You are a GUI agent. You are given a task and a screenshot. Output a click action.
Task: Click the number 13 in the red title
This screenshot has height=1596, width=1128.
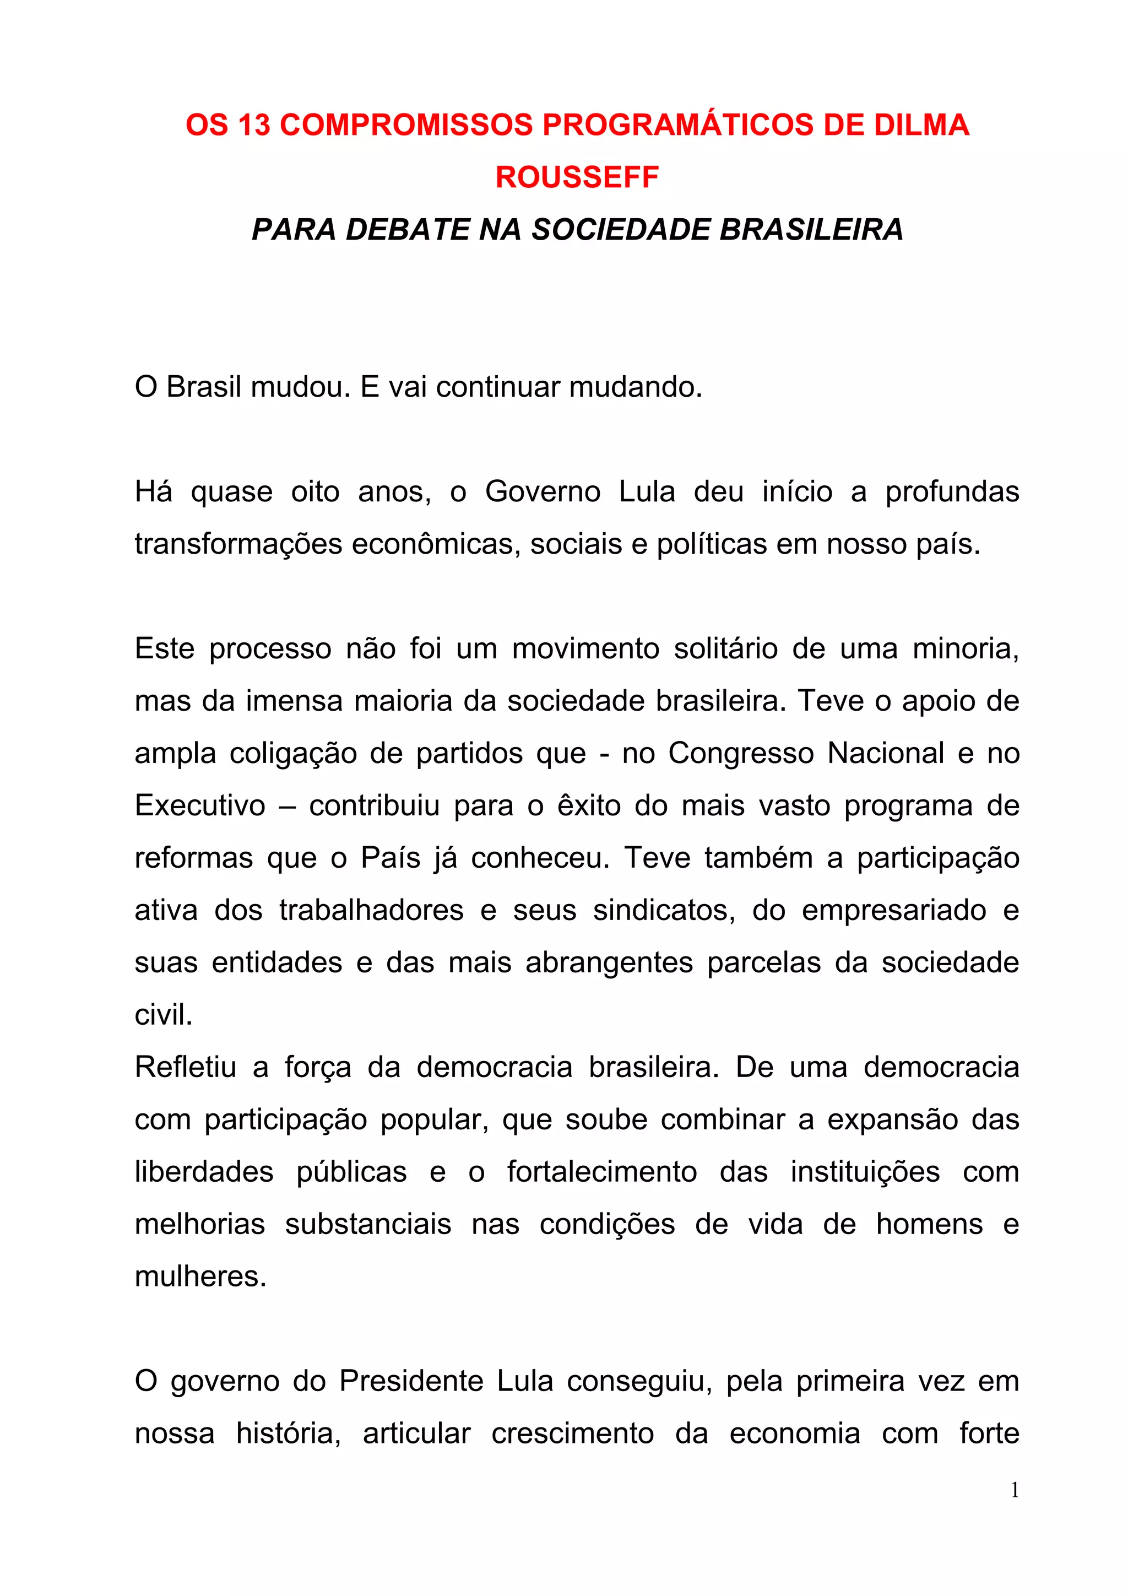pos(254,125)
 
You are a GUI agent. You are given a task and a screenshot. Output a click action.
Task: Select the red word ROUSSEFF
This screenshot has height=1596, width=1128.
pos(577,177)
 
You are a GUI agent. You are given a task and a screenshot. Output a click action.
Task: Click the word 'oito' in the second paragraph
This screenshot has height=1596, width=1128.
pos(316,492)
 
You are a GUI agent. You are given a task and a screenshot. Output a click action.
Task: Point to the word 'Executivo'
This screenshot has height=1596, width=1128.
pos(200,805)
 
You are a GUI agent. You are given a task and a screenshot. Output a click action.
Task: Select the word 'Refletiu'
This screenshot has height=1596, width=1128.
pos(186,1068)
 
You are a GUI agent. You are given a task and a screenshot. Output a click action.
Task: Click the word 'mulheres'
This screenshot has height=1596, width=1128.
pos(200,1277)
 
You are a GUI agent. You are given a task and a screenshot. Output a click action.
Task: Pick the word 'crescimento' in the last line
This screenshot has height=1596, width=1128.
pos(573,1434)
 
